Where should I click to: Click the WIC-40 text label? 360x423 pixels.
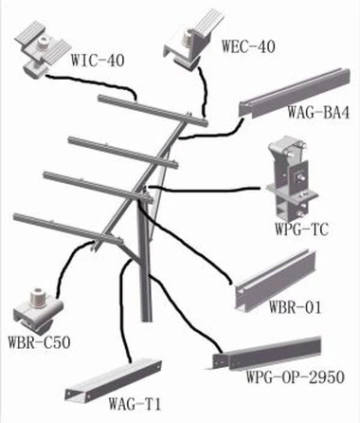(98, 60)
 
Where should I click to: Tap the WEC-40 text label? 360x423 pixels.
(248, 46)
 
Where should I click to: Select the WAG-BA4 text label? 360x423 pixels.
(318, 112)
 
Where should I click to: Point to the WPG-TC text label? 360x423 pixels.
(301, 229)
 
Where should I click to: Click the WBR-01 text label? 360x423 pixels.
(295, 306)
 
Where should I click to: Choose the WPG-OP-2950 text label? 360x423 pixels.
(296, 377)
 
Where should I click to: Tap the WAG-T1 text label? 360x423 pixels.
(135, 404)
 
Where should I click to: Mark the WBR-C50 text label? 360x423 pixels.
(39, 342)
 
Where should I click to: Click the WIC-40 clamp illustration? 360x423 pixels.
(44, 48)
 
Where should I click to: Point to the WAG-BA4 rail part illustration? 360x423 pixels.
(293, 92)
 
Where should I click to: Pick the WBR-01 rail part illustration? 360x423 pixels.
(276, 280)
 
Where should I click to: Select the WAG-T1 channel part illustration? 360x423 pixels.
(113, 379)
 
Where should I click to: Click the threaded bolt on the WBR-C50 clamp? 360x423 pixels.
(38, 298)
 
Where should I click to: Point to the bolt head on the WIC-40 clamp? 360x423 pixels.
(43, 42)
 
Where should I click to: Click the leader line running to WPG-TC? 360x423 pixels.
(205, 190)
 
